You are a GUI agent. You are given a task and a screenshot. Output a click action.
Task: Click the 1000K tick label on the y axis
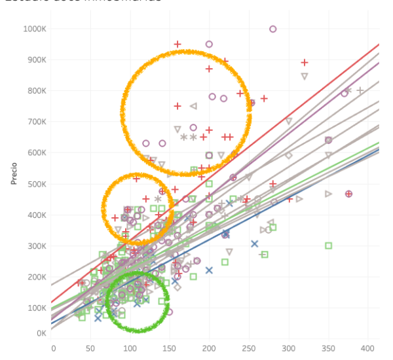click(33, 29)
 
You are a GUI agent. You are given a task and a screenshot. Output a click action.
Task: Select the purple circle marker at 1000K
click(273, 29)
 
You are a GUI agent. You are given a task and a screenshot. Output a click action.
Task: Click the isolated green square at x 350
click(328, 245)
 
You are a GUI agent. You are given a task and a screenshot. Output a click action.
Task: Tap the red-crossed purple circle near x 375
click(348, 194)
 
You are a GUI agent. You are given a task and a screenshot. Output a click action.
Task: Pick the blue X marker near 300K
click(255, 243)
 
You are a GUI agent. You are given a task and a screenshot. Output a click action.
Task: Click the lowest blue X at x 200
click(209, 270)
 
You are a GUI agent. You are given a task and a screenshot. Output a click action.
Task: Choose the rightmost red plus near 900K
click(305, 63)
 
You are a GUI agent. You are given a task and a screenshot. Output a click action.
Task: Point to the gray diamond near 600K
click(288, 156)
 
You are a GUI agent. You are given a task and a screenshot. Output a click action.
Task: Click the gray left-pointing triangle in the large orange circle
click(193, 106)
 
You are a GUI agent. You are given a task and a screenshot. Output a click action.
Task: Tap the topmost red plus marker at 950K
click(178, 45)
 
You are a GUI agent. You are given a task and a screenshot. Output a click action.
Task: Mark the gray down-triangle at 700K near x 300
click(288, 121)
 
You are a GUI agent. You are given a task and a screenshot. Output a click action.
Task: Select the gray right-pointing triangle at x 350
click(328, 194)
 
